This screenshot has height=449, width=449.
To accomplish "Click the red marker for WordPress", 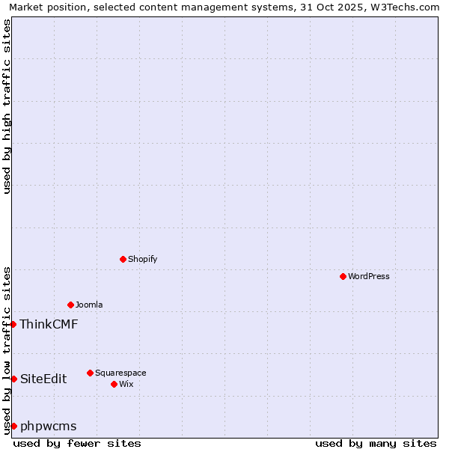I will click(x=343, y=276).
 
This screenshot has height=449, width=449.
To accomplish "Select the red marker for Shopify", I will click(x=123, y=259).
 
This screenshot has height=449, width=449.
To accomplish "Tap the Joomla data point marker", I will click(x=70, y=305).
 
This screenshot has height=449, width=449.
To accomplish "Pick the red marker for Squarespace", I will click(x=90, y=373).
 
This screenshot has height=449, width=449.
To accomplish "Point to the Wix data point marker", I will click(x=114, y=384).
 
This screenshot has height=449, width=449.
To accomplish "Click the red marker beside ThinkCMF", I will click(x=13, y=324).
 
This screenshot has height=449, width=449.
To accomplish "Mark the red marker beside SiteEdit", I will click(x=13, y=379).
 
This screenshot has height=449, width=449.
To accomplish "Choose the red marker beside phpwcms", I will click(x=13, y=426).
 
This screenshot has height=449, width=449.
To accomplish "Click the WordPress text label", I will click(x=369, y=276).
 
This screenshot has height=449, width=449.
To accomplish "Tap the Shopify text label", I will click(x=142, y=259).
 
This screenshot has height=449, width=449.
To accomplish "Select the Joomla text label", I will click(x=89, y=305).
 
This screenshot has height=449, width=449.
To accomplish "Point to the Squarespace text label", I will click(x=120, y=373).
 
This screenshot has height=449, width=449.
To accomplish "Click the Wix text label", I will click(x=126, y=384).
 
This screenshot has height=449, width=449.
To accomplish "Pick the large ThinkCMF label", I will click(x=49, y=324).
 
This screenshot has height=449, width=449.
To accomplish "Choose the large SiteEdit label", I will click(x=43, y=379).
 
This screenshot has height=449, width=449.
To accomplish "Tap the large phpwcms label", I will click(x=48, y=426).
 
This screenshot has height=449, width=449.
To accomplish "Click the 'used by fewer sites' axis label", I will click(x=77, y=443).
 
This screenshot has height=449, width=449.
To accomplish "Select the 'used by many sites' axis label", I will click(x=376, y=443).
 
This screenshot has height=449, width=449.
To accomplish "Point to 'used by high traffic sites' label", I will click(x=7, y=106).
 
